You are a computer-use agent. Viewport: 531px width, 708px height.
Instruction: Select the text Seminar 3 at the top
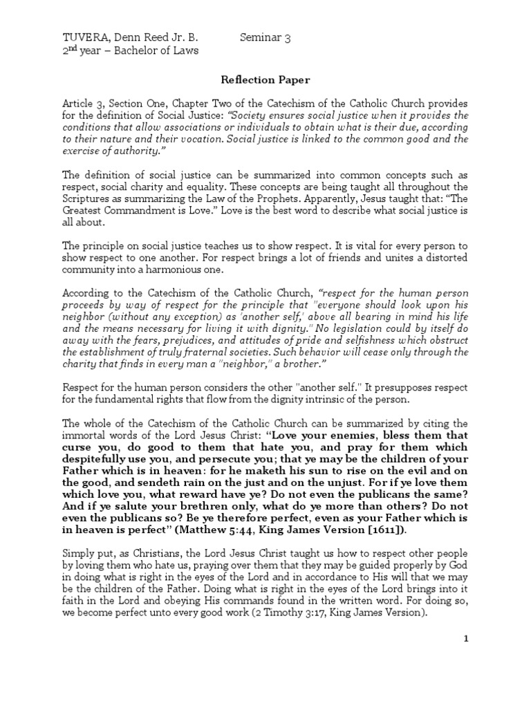(265, 38)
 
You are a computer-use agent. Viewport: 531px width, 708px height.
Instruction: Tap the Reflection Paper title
(265, 80)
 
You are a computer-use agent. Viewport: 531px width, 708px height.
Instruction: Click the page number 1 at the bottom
(466, 638)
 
